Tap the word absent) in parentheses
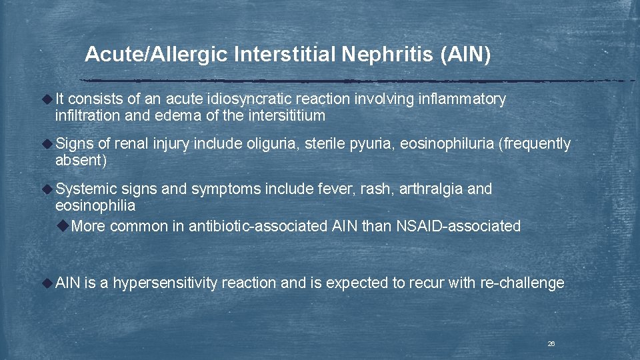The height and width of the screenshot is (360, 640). [81, 161]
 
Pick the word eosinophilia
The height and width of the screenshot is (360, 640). [95, 206]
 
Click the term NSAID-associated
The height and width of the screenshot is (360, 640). [458, 226]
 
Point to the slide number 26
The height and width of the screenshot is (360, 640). [551, 343]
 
